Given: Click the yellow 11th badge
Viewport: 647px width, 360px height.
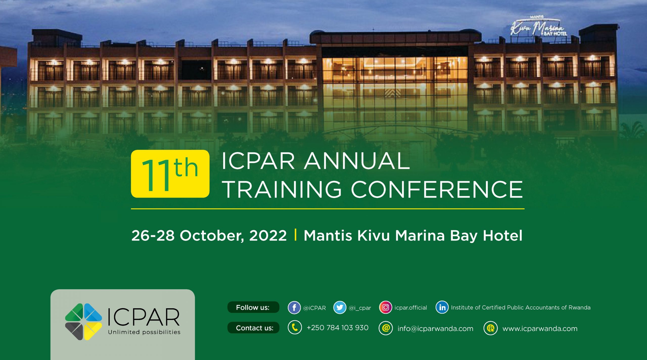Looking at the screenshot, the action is point(170,174).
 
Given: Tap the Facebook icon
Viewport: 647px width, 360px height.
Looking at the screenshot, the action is point(294,307).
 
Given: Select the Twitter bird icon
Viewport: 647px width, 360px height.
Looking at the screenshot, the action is point(340,307).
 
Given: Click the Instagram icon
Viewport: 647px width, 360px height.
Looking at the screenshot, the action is point(385,307).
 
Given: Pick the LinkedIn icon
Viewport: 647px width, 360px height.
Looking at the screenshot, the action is point(442,307).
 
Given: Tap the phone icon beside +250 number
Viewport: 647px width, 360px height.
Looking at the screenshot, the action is point(295,328).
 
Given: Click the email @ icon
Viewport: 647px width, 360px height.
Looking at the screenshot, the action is point(386,328).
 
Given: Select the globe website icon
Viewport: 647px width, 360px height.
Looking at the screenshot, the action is point(491,328).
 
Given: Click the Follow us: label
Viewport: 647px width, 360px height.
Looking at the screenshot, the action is point(253,307).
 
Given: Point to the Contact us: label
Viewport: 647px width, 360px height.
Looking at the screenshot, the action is point(255,328).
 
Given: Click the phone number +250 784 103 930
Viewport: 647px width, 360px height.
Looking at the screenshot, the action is point(337,328).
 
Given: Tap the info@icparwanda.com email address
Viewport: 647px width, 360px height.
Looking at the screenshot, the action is point(435,328).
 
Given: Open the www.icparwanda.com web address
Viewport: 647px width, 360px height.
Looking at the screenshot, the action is point(540,329).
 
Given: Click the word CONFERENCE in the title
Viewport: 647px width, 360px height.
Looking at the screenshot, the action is point(437,189).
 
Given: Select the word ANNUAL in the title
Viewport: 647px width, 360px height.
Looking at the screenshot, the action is point(357,161).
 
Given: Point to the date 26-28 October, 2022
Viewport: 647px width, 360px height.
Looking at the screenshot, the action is point(209,235).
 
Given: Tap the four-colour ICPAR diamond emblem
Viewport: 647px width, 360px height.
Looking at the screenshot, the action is point(83,322).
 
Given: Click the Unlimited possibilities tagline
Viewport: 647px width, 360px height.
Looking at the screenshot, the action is point(144,332).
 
